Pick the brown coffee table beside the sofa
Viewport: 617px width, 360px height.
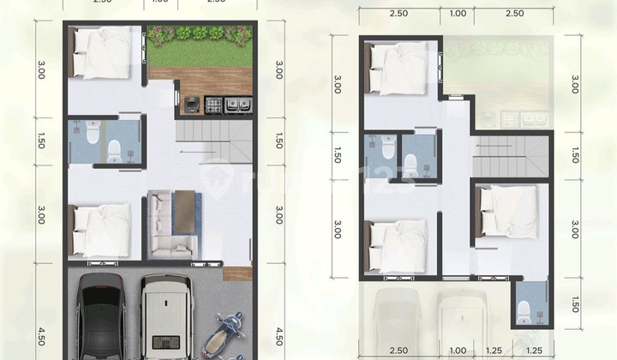click(186, 210)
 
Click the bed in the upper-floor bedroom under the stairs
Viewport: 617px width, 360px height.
click(511, 212)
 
